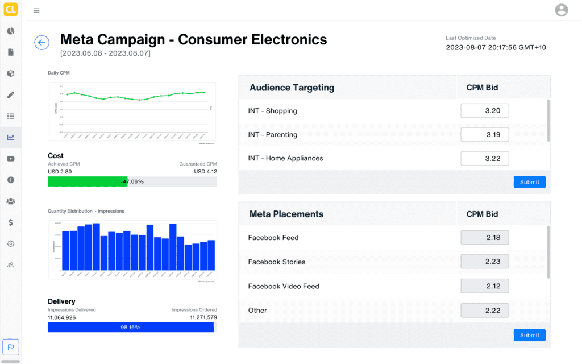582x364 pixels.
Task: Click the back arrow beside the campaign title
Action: (x=41, y=42)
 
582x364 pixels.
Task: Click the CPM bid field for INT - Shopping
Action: (x=484, y=111)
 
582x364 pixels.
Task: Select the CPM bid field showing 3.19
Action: (x=484, y=135)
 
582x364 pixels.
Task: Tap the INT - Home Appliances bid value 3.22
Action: (x=484, y=158)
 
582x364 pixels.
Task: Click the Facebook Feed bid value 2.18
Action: (x=484, y=238)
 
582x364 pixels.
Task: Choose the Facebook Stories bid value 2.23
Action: (x=484, y=262)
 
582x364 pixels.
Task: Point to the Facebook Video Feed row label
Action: (x=284, y=286)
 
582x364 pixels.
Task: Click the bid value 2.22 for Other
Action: (x=484, y=310)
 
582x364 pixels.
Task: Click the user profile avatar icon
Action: (x=561, y=10)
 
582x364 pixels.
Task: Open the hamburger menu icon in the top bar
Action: (x=36, y=10)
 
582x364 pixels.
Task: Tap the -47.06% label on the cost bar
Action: (x=132, y=181)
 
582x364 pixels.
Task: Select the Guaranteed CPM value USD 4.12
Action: (x=205, y=171)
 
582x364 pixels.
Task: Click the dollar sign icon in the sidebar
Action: (x=10, y=222)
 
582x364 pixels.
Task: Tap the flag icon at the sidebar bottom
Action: (x=10, y=346)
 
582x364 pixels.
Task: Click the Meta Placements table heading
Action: (x=286, y=214)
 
